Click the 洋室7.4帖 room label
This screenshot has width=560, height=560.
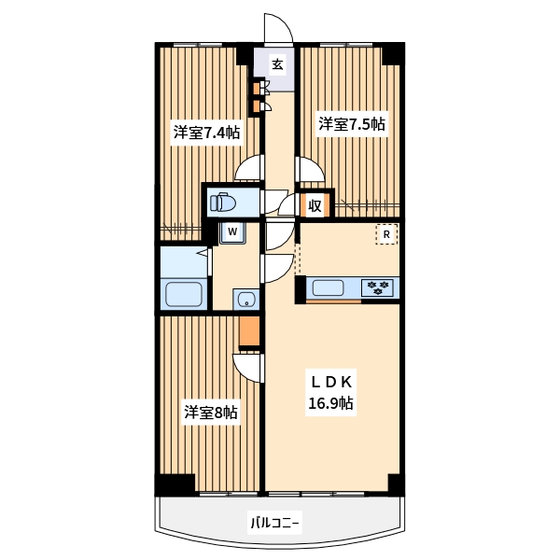(x=206, y=133)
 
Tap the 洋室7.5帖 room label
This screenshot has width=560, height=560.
(x=352, y=125)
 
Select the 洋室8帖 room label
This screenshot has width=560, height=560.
(x=211, y=413)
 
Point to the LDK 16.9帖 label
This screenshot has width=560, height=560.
(x=331, y=393)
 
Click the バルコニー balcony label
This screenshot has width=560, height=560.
(x=274, y=524)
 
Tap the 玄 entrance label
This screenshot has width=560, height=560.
(x=277, y=64)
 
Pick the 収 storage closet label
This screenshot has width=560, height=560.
(x=315, y=205)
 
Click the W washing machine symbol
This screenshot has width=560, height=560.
(x=232, y=232)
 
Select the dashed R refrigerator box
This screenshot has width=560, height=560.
(x=386, y=234)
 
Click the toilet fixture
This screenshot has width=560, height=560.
(x=223, y=203)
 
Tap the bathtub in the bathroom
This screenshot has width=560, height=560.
(x=184, y=294)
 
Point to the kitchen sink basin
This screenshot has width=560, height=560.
(x=329, y=287)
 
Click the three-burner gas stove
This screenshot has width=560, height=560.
(x=377, y=287)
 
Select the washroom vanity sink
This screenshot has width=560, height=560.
(x=246, y=300)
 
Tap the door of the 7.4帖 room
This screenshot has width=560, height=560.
(x=249, y=167)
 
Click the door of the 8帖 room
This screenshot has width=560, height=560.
(x=248, y=369)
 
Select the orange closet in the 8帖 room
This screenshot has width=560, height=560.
(x=249, y=331)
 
